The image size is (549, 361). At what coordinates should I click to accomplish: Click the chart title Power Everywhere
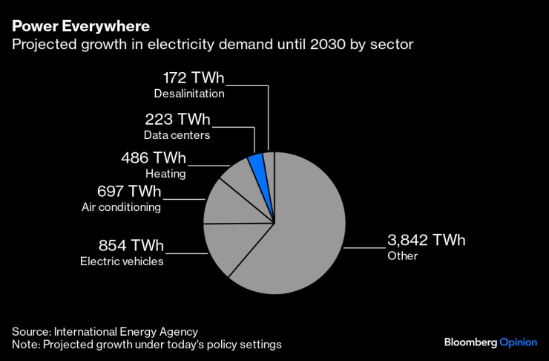pyautogui.click(x=80, y=26)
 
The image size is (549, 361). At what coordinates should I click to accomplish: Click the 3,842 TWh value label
pyautogui.click(x=426, y=240)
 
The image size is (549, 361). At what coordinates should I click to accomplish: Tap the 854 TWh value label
pyautogui.click(x=131, y=246)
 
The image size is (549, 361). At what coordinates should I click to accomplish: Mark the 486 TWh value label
pyautogui.click(x=154, y=158)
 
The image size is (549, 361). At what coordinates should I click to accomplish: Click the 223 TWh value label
pyautogui.click(x=177, y=120)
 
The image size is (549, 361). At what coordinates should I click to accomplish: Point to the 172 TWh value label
pyautogui.click(x=193, y=78)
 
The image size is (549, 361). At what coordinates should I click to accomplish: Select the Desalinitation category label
pyautogui.click(x=189, y=94)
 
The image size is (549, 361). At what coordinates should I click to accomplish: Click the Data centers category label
pyautogui.click(x=177, y=135)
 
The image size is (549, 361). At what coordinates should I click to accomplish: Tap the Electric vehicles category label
pyautogui.click(x=122, y=261)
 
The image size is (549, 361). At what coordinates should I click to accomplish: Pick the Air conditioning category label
pyautogui.click(x=121, y=207)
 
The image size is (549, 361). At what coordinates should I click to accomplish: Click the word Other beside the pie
pyautogui.click(x=403, y=256)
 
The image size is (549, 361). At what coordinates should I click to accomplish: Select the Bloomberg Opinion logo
pyautogui.click(x=490, y=342)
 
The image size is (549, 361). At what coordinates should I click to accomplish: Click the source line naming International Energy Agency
pyautogui.click(x=105, y=331)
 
